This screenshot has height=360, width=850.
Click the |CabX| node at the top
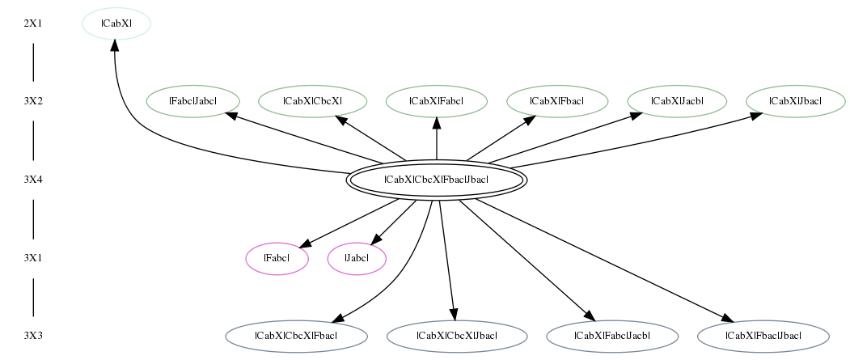point(116,23)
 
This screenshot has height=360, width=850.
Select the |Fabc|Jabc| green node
point(193,101)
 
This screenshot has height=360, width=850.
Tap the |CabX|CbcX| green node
point(312,101)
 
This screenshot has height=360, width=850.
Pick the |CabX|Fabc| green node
point(437,101)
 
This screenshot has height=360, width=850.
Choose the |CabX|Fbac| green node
point(557,101)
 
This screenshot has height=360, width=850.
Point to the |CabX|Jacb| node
point(677,101)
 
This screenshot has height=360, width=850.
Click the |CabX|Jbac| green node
point(795,101)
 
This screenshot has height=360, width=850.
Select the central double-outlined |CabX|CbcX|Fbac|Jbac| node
point(437,180)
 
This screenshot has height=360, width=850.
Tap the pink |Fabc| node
point(277,259)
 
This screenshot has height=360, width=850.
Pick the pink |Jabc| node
point(357,259)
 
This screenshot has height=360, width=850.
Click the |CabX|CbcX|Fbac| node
point(297,337)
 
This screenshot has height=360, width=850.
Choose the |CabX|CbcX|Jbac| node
point(457,337)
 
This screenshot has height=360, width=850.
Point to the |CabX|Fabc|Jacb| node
point(612,337)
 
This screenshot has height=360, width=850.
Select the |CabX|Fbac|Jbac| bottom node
point(763,337)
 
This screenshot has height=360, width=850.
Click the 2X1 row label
point(33,23)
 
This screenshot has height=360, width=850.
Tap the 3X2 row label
point(33,101)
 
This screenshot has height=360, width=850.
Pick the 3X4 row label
point(33,180)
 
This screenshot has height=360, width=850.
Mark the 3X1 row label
point(33,258)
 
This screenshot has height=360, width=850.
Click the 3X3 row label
point(33,337)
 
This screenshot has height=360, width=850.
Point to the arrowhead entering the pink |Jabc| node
point(378,238)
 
